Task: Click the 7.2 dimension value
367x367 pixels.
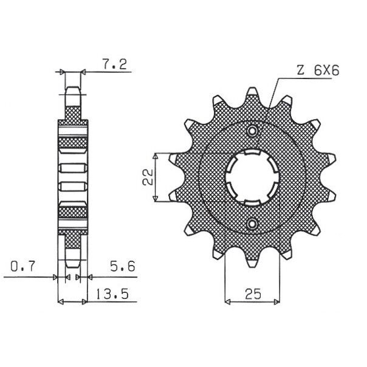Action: (x=114, y=64)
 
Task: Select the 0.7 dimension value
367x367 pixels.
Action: (x=22, y=266)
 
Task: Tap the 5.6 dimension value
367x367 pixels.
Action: (x=123, y=266)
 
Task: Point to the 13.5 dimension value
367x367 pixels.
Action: (x=112, y=294)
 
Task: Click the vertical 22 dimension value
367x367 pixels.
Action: (x=148, y=177)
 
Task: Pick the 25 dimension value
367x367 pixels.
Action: (x=253, y=294)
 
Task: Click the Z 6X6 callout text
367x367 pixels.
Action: (x=318, y=70)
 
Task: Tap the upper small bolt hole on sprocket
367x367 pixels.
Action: (x=252, y=131)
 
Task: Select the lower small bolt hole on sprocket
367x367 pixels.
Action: (x=252, y=224)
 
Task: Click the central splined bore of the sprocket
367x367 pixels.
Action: (x=252, y=177)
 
